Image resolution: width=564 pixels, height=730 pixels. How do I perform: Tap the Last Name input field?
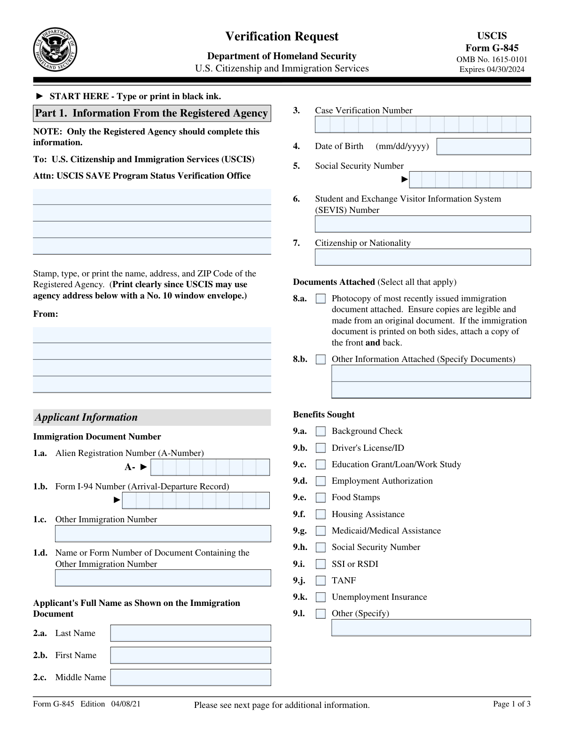click(190, 633)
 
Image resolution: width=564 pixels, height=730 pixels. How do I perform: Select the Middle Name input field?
click(190, 677)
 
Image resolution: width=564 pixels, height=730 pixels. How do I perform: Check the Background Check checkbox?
click(321, 432)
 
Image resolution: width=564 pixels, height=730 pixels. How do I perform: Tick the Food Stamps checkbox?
click(321, 498)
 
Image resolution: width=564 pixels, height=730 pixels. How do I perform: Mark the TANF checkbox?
click(321, 581)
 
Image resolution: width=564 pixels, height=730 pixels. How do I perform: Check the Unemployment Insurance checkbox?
click(321, 597)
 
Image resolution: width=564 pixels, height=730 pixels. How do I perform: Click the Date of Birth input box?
click(484, 147)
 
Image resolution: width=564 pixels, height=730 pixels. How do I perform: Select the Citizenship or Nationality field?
click(423, 257)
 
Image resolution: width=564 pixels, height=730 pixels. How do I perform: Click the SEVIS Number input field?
click(423, 224)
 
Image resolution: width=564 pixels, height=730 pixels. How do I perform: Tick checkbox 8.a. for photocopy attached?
click(321, 299)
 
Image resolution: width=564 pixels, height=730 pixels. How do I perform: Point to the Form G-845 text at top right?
click(492, 48)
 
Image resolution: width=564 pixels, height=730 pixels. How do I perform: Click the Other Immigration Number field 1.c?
click(163, 534)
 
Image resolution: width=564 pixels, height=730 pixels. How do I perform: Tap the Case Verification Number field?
click(423, 125)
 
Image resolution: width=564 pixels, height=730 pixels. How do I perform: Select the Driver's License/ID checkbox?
click(321, 448)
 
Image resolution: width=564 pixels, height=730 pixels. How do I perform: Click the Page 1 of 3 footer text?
click(511, 704)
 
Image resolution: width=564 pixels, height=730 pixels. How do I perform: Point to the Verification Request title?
click(282, 37)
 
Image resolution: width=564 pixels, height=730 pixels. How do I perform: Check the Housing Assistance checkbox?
click(321, 515)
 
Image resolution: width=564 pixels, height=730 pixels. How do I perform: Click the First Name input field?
click(190, 655)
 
